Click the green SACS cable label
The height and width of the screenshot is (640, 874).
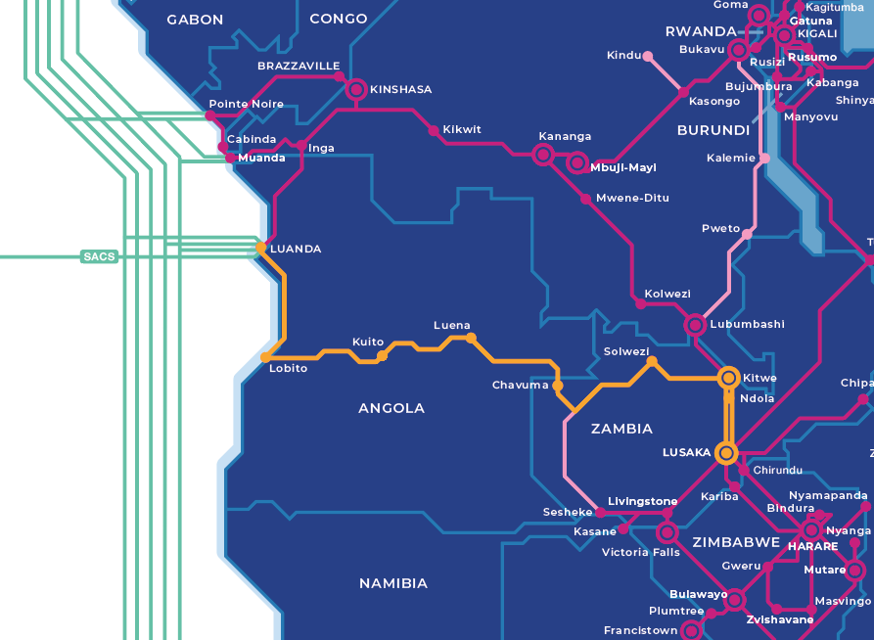pyautogui.click(x=99, y=257)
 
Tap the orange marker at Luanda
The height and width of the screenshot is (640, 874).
pyautogui.click(x=260, y=248)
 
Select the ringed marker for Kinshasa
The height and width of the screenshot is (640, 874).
pyautogui.click(x=355, y=90)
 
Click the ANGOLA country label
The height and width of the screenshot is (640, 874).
pyautogui.click(x=391, y=408)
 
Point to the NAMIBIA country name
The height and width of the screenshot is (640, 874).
pyautogui.click(x=393, y=583)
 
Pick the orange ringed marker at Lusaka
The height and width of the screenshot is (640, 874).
pyautogui.click(x=726, y=453)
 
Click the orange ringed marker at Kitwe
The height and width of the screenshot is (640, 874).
pyautogui.click(x=728, y=378)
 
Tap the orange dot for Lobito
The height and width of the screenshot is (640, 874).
pyautogui.click(x=265, y=357)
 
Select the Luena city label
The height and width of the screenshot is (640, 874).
pyautogui.click(x=452, y=325)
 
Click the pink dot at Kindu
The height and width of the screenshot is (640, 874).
pyautogui.click(x=648, y=56)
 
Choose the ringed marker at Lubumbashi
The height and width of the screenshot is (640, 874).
pyautogui.click(x=695, y=324)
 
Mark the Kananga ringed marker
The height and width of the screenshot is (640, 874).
pyautogui.click(x=543, y=154)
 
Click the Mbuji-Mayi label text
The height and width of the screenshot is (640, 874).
pyautogui.click(x=623, y=167)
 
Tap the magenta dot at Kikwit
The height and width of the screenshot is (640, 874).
pyautogui.click(x=433, y=130)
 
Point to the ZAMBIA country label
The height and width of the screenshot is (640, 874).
pyautogui.click(x=621, y=429)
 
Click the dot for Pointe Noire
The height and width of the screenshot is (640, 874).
pyautogui.click(x=209, y=116)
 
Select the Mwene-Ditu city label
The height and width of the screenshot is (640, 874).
pyautogui.click(x=632, y=198)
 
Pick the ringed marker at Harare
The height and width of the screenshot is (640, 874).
pyautogui.click(x=811, y=530)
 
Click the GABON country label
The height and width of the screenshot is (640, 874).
pyautogui.click(x=195, y=20)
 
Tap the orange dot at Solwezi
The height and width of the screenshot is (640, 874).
pyautogui.click(x=652, y=362)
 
